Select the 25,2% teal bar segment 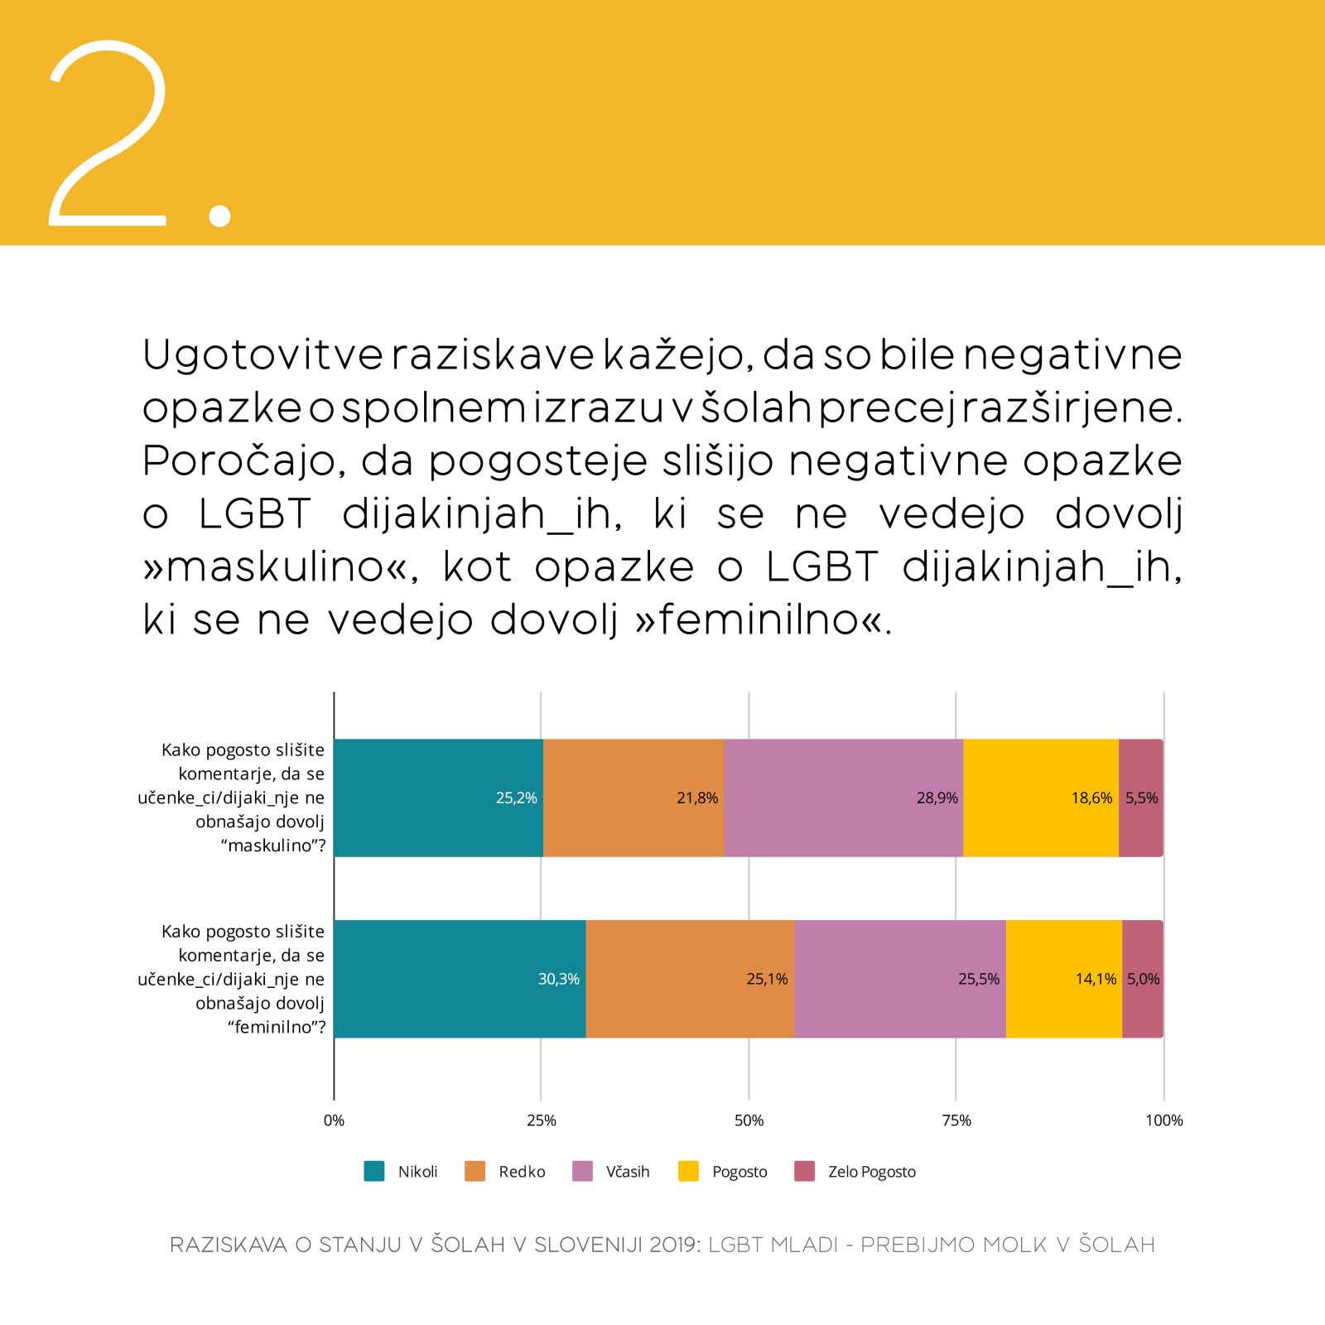coord(438,797)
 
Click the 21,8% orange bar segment coord(634,797)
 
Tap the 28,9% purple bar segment coord(843,797)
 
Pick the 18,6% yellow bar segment coord(1040,797)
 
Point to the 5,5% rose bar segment coord(1141,797)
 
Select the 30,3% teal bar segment coord(460,979)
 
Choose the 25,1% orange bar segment coord(689,979)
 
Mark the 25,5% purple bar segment coord(899,979)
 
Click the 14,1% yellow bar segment coord(1063,979)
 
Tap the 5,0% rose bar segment coord(1143,979)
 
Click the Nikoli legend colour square coord(374,1171)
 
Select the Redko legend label coord(522,1172)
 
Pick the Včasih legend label coord(628,1172)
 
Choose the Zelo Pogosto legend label coord(871,1172)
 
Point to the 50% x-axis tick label coord(749,1120)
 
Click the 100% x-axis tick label coord(1164,1120)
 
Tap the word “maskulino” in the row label coord(272,846)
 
